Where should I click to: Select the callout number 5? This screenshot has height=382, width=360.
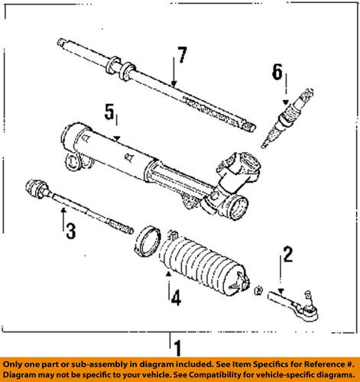(110, 115)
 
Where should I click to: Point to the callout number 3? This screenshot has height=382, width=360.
(70, 229)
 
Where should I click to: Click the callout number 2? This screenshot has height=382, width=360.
(287, 254)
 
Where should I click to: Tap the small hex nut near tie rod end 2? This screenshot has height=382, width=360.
(258, 291)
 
